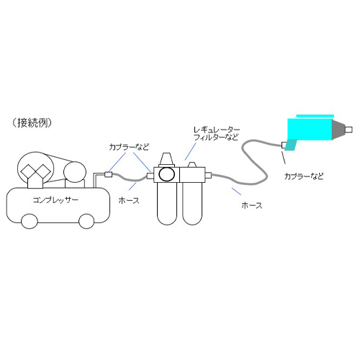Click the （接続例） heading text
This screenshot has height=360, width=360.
coord(32,123)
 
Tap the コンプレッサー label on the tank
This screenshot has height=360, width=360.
coord(55,200)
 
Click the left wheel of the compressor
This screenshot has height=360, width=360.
coord(30,221)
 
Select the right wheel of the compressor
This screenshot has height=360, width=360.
coord(86,221)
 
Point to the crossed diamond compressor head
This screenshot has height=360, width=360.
coord(36,171)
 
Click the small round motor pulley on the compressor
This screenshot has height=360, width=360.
coord(75,172)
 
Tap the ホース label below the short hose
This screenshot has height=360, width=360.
coord(129,200)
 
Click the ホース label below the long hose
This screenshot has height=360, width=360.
coord(252,205)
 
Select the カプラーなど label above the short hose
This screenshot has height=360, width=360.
coord(129,147)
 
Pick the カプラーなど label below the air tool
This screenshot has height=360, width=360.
coord(304,176)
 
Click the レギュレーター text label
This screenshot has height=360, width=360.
coord(217,130)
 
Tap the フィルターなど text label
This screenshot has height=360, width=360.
coord(216,138)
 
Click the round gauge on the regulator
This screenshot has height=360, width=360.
coord(166,174)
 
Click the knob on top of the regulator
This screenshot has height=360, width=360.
coord(166,159)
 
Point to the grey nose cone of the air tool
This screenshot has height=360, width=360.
coord(338,130)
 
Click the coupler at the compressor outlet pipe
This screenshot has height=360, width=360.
coord(109,174)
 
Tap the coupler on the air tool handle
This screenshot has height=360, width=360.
coord(284,145)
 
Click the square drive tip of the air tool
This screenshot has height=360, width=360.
coord(348,130)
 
